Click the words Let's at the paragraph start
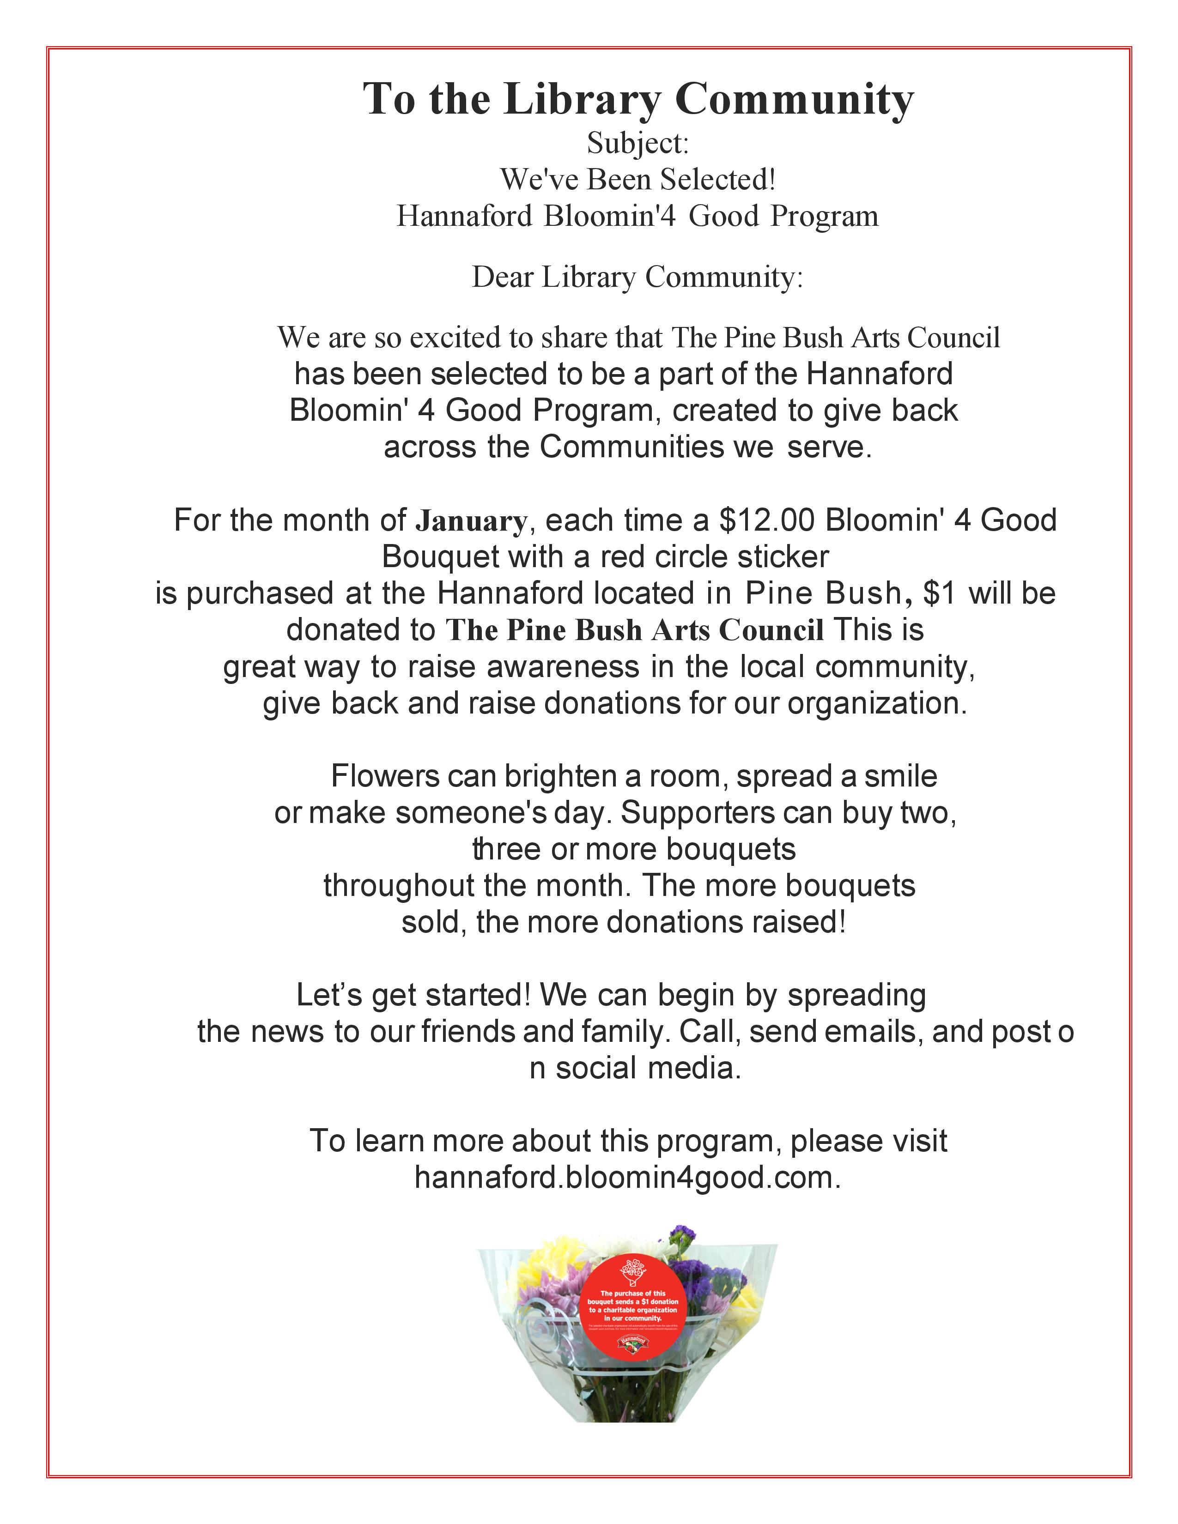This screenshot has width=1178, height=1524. pyautogui.click(x=329, y=995)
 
